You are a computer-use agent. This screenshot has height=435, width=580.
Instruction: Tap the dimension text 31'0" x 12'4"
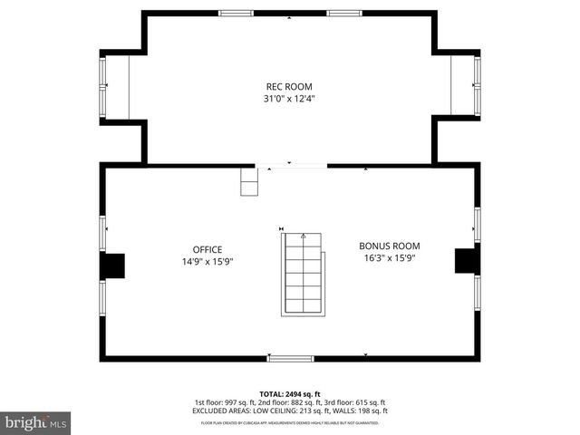(289, 98)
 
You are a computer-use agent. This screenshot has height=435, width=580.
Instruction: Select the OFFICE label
(207, 249)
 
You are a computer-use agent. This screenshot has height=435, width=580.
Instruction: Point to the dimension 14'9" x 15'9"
(207, 262)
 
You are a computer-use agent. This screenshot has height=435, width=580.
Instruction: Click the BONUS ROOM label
(390, 246)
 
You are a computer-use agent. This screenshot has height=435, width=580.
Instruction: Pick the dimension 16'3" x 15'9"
(390, 257)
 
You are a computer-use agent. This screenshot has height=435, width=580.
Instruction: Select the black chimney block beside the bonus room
(467, 259)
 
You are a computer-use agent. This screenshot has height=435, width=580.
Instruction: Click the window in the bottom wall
(290, 359)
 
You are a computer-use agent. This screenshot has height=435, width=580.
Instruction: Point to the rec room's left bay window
(103, 87)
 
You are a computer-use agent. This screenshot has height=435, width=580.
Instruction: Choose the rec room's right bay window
(477, 86)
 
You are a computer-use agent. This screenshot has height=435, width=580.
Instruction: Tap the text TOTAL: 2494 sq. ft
(290, 394)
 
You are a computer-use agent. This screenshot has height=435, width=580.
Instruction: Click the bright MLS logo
(36, 422)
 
